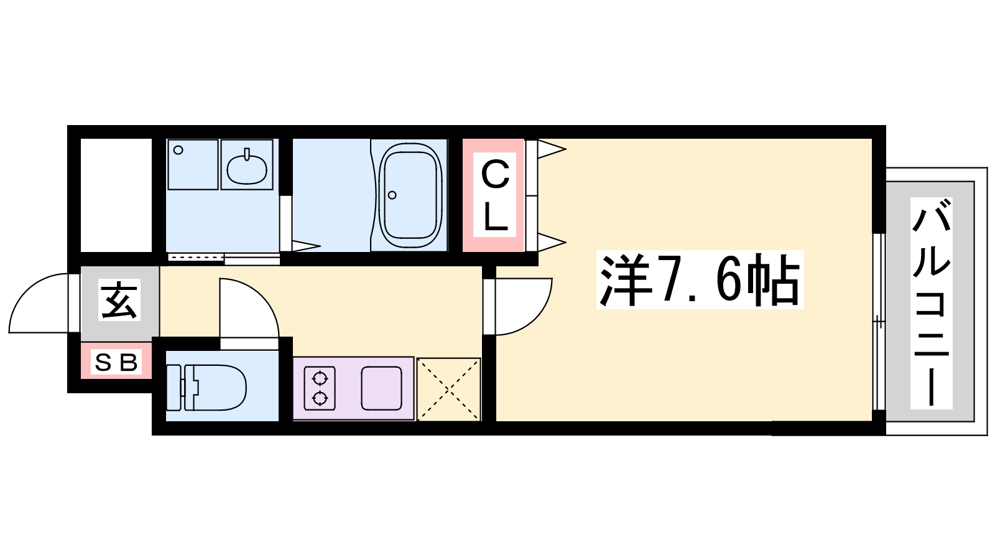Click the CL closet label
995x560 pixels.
pos(494,195)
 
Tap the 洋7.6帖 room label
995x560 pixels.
pos(700,279)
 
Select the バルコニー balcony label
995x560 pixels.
pos(931,303)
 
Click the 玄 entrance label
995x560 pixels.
pos(119,300)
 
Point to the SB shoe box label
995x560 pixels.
pos(116,362)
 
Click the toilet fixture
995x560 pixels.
pos(206,387)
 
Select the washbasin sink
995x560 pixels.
pos(247,168)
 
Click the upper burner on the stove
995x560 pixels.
pos(320,379)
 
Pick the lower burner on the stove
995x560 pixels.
pos(320,398)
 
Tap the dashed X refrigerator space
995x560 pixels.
pos(448,389)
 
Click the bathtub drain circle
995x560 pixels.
pos(392,195)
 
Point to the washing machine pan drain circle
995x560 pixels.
pos(178,150)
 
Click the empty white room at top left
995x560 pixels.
pos(116,195)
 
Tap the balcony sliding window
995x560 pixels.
pos(879,322)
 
